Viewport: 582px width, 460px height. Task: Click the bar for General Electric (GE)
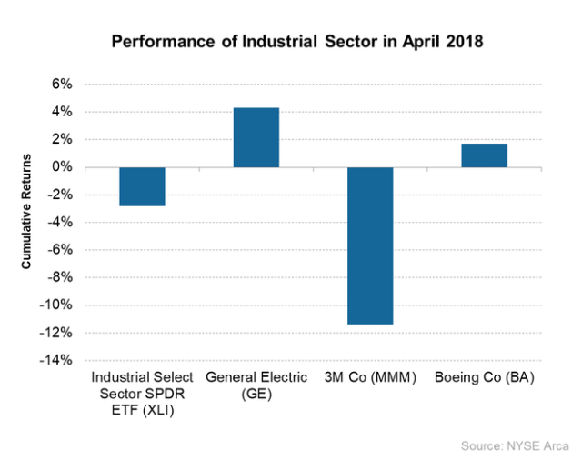pos(256,137)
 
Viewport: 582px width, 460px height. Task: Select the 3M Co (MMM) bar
pos(370,245)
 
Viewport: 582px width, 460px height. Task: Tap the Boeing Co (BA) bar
pos(484,155)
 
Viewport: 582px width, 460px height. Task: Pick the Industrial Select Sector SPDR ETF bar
pos(142,186)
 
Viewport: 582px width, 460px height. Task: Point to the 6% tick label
pos(61,85)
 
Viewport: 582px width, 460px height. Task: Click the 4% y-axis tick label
pos(61,112)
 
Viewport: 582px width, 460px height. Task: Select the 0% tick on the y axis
pos(61,167)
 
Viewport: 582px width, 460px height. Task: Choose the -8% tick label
pos(59,277)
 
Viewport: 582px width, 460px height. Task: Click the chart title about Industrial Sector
pos(290,43)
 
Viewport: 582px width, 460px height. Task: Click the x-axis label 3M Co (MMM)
pos(370,377)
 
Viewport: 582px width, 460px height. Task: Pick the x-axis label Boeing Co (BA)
pos(484,377)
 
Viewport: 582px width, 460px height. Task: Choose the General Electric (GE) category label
pos(256,385)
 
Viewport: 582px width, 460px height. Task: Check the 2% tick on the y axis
pos(61,140)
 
